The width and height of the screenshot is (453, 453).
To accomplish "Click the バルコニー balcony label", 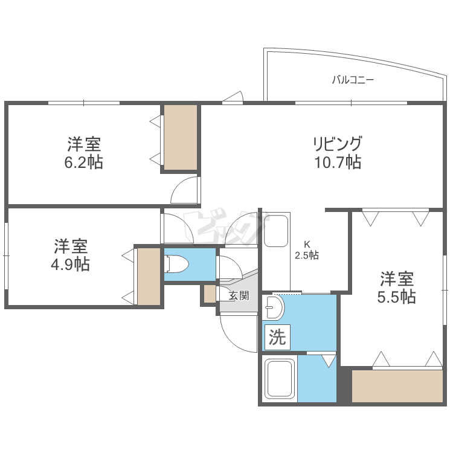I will pyautogui.click(x=353, y=79).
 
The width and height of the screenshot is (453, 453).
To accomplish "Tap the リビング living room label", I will pyautogui.click(x=337, y=145).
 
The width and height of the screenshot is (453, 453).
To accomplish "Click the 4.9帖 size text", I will pyautogui.click(x=71, y=264).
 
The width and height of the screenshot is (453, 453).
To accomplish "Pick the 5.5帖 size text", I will pyautogui.click(x=397, y=297).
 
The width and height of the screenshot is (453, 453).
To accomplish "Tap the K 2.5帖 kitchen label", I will pyautogui.click(x=307, y=250).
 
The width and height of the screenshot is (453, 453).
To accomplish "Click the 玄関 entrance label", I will pyautogui.click(x=239, y=295).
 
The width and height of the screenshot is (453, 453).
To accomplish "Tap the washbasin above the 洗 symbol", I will pyautogui.click(x=275, y=307).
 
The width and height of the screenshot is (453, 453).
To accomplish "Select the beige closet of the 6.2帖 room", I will pyautogui.click(x=181, y=137).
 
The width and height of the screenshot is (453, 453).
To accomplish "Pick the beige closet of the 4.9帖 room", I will pyautogui.click(x=149, y=276).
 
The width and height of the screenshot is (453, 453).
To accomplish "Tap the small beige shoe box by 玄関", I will pyautogui.click(x=210, y=294).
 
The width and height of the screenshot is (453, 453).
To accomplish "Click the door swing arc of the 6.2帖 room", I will pyautogui.click(x=185, y=191).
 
